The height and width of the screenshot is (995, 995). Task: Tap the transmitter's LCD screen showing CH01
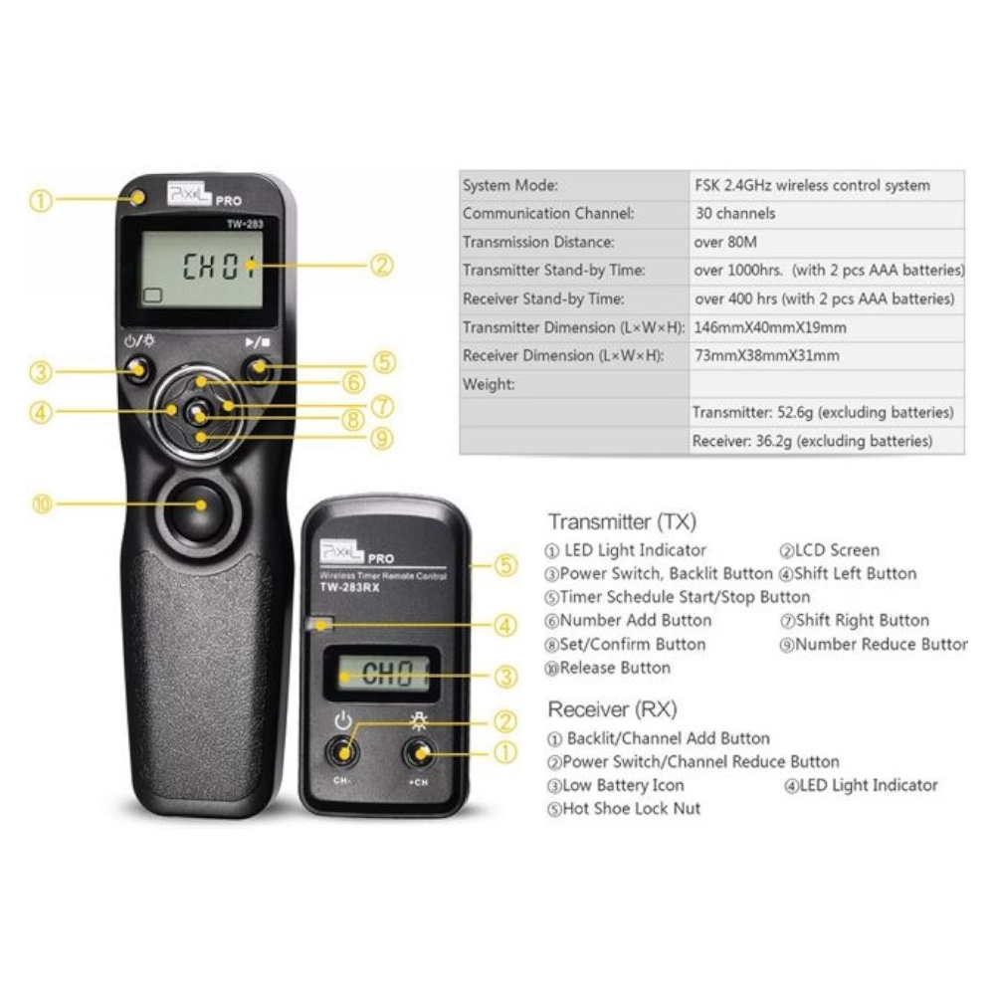202,269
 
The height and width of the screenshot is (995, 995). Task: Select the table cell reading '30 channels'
735,213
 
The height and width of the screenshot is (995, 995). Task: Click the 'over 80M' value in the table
725,242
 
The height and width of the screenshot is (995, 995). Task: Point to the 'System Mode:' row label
510,185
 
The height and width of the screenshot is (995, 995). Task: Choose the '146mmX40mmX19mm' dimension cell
770,327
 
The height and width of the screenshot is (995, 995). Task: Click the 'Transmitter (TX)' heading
622,521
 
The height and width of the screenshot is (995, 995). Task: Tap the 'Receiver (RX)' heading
612,708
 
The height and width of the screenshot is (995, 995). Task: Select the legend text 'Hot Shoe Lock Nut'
632,808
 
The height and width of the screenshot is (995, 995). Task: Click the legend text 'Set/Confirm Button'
633,644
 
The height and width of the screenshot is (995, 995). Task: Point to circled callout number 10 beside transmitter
42,504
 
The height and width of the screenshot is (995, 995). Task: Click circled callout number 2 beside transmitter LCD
381,265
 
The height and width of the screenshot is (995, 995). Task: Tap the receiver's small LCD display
382,674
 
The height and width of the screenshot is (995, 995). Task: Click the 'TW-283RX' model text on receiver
349,588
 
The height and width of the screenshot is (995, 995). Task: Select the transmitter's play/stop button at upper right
259,368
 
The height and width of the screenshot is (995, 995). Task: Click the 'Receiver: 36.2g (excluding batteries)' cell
812,441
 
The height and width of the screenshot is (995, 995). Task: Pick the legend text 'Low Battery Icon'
623,785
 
